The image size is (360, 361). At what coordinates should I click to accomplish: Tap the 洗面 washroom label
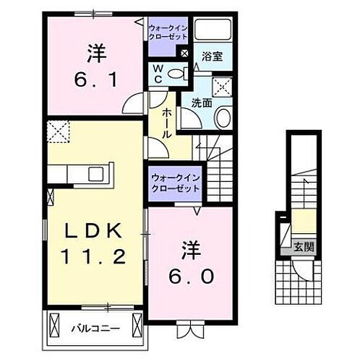tap(202, 103)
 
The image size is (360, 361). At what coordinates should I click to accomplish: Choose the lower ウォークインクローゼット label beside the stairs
tap(175, 182)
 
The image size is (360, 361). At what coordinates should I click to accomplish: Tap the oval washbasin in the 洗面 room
tap(223, 117)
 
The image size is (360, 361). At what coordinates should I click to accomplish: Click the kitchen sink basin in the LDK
tap(95, 174)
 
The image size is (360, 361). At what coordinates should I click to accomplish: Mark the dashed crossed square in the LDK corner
tap(57, 133)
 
